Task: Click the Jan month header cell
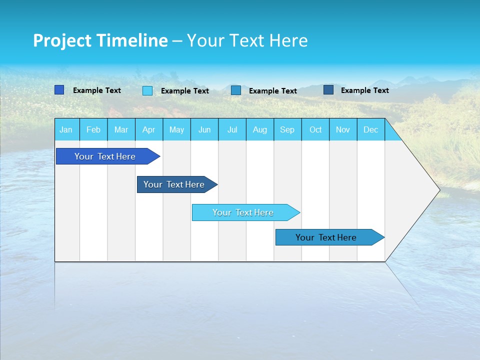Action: click(66, 129)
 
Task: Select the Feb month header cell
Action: click(93, 129)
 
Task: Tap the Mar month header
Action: click(121, 129)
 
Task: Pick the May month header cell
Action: click(176, 129)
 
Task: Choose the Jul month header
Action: click(232, 129)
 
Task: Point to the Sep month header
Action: click(287, 129)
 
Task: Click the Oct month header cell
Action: click(315, 129)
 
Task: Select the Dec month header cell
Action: click(370, 129)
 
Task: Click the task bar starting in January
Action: click(105, 156)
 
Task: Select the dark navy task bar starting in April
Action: click(174, 184)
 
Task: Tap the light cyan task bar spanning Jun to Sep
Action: click(243, 212)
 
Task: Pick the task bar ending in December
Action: click(326, 237)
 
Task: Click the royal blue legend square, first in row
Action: click(59, 90)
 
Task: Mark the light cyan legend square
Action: click(147, 90)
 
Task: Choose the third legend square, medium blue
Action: click(236, 90)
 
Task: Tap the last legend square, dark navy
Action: click(328, 90)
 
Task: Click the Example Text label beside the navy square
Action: click(364, 90)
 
